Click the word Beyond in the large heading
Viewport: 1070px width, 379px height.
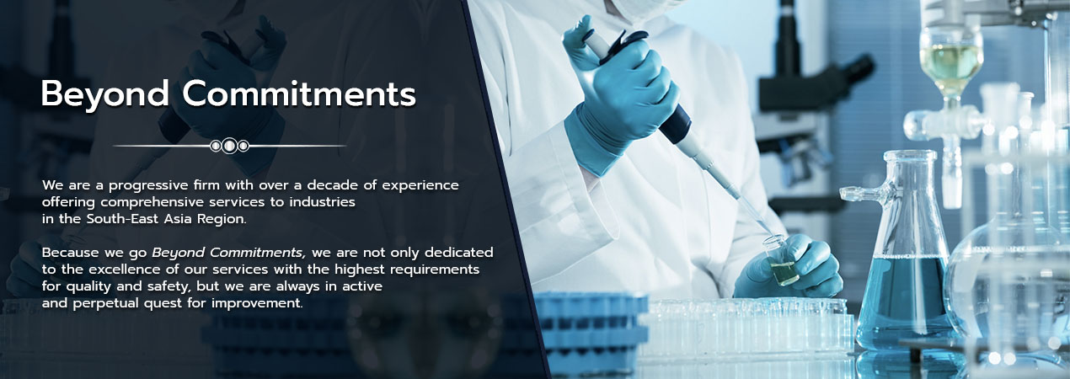pyautogui.click(x=105, y=95)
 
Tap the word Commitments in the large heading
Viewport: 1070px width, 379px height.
pyautogui.click(x=299, y=93)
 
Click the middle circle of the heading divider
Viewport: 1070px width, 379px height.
pyautogui.click(x=230, y=146)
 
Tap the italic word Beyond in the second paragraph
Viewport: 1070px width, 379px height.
pyautogui.click(x=179, y=253)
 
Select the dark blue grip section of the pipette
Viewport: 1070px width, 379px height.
pyautogui.click(x=676, y=125)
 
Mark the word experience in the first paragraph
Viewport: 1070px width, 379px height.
pyautogui.click(x=420, y=185)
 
